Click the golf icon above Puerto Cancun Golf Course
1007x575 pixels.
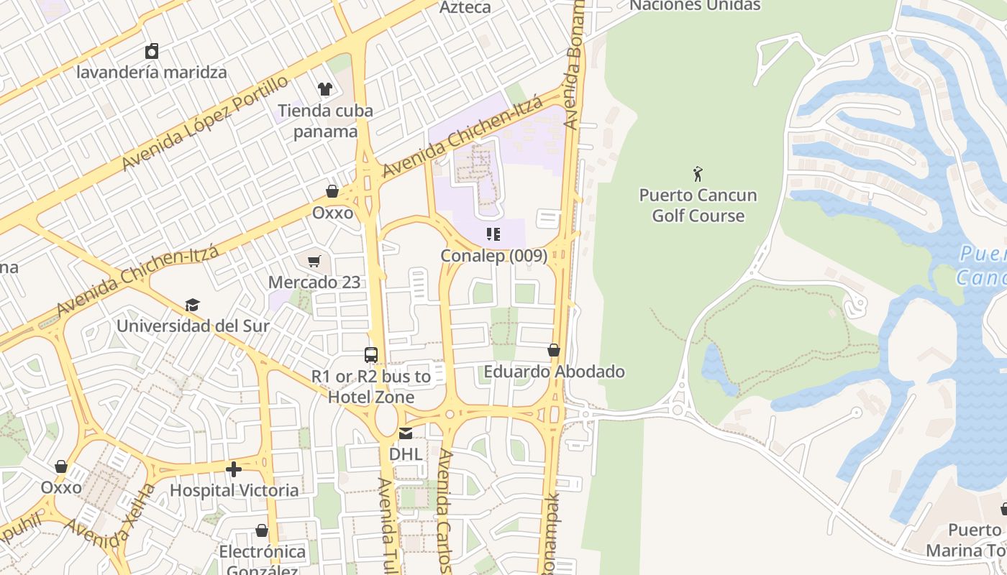coord(698,173)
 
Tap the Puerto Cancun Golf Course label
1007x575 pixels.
coord(698,206)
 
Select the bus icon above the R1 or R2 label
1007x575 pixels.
coord(371,354)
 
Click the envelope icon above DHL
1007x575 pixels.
coord(406,433)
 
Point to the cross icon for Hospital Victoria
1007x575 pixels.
coord(234,469)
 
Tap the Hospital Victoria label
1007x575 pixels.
coord(234,490)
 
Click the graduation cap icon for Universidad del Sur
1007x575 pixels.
coord(192,305)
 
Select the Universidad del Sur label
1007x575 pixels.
coord(193,326)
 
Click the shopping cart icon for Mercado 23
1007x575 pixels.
coord(314,261)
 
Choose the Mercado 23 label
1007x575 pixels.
coord(314,282)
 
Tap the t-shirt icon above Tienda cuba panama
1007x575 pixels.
coord(325,89)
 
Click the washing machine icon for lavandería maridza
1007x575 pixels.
coord(152,51)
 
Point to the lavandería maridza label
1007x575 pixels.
coord(152,72)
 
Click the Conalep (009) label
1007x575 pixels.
coord(493,255)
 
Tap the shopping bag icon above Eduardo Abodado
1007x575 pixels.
coord(554,350)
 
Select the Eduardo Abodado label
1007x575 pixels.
coord(554,372)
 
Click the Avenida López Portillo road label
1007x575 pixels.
coord(206,122)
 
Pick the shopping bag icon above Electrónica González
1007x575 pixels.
coord(262,530)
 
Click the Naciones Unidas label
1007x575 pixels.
coord(695,6)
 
